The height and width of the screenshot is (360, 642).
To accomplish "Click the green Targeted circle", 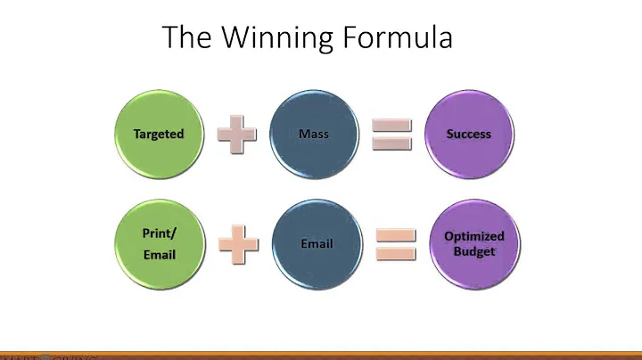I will tap(159, 135).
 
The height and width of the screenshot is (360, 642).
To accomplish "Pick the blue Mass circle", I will tap(314, 135).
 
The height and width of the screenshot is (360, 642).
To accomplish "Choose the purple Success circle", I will tap(469, 135).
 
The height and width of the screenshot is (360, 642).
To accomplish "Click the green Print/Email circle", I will tap(159, 243).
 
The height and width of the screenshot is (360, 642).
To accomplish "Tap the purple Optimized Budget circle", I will tap(474, 243).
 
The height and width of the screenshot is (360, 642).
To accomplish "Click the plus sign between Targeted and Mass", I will tap(236, 135).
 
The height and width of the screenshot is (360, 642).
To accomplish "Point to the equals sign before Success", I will tap(391, 134).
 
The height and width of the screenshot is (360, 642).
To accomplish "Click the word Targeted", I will tap(159, 135).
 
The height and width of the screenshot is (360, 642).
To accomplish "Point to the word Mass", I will tap(314, 135).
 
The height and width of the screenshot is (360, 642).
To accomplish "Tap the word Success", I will tap(469, 135).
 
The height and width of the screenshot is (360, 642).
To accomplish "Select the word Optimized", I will tap(474, 236).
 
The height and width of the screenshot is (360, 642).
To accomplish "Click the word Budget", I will tap(474, 251).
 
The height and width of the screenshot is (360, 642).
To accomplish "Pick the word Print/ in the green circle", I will tap(159, 233).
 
